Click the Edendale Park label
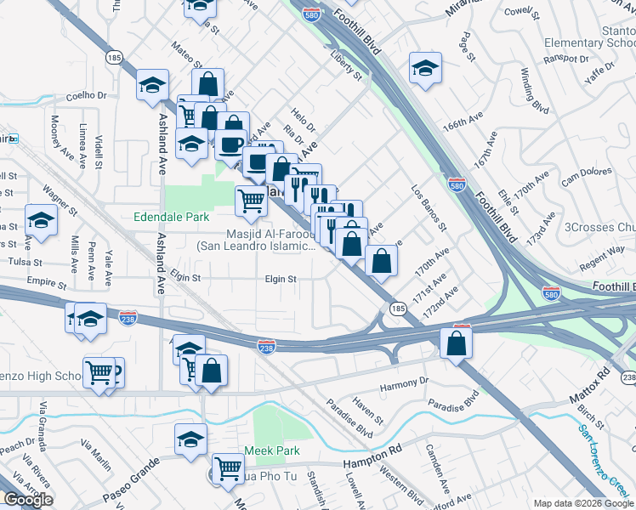click(172, 218)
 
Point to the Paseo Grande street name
click(133, 490)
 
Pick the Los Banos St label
click(428, 208)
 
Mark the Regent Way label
click(602, 252)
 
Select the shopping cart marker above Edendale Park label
click(251, 201)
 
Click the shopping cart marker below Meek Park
click(228, 468)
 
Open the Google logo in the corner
click(27, 500)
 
